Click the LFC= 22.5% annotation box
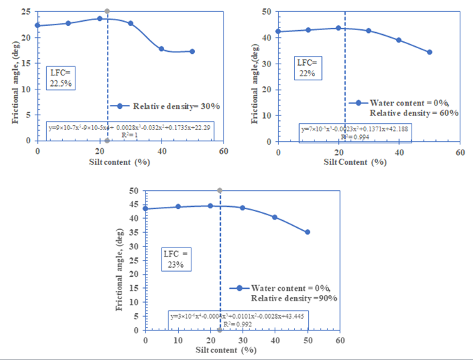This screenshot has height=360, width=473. point(60,77)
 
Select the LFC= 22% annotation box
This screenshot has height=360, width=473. point(305,69)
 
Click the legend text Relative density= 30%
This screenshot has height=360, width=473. point(177,106)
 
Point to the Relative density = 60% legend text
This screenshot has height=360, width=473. point(414,113)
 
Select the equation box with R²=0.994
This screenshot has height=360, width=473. point(354,131)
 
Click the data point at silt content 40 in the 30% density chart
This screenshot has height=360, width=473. point(161,49)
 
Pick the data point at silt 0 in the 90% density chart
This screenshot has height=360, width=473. point(145,208)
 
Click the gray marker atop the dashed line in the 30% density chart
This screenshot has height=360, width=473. point(107,11)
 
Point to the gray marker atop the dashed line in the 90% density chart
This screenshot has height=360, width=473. point(219,190)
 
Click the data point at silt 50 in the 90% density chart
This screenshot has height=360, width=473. point(307,232)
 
